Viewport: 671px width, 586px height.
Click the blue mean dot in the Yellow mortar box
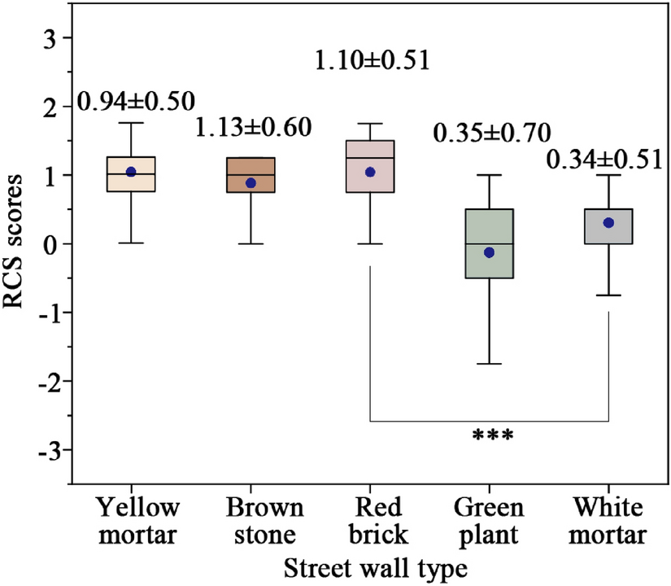coord(131,172)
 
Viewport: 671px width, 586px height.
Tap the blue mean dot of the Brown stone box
coord(251,183)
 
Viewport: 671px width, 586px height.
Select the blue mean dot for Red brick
coord(370,172)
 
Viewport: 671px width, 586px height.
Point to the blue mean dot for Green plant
coord(489,252)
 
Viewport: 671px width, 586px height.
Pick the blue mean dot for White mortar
coord(608,222)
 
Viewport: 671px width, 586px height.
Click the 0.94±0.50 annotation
coord(136,101)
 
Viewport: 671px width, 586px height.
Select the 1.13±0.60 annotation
coord(255,129)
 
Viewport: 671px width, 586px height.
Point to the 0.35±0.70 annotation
coord(493,132)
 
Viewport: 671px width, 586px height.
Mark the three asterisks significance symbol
coord(493,435)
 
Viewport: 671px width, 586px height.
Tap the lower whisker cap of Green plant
coord(489,364)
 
